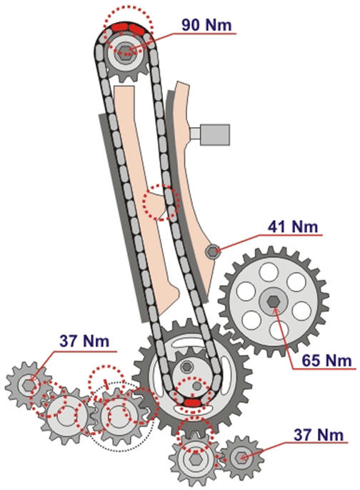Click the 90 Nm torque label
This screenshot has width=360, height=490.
pyautogui.click(x=206, y=25)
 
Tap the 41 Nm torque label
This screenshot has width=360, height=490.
pyautogui.click(x=293, y=226)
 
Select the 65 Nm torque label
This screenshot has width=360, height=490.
pyautogui.click(x=326, y=360)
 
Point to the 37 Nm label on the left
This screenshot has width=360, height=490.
pyautogui.click(x=85, y=341)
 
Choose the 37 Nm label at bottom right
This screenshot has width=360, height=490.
pyautogui.click(x=319, y=435)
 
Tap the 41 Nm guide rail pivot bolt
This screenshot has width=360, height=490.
pyautogui.click(x=212, y=251)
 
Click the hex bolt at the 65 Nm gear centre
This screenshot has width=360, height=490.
pyautogui.click(x=274, y=302)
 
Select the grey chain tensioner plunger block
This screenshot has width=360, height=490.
pyautogui.click(x=214, y=135)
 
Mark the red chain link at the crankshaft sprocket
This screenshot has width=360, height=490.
pyautogui.click(x=191, y=403)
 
